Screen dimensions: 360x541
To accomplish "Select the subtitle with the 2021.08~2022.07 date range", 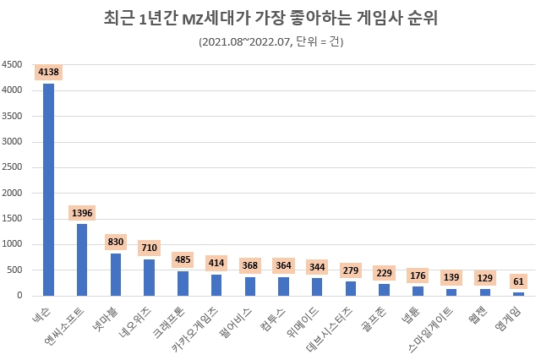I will tap(270, 41).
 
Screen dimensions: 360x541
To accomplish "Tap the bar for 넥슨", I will tap(48, 190).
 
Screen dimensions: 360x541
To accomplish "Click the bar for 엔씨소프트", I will tap(82, 259).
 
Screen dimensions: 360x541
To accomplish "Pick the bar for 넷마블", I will tap(116, 275).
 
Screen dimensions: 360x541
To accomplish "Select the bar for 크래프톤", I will tap(183, 283).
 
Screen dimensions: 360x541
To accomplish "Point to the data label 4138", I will tap(48, 73).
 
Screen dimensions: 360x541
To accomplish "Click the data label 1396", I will tap(82, 212).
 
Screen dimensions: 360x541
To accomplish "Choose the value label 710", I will tap(149, 248).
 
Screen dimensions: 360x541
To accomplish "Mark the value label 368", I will tap(250, 265).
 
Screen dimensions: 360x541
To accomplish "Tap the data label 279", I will tap(351, 270).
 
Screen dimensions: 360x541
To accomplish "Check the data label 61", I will tap(519, 281).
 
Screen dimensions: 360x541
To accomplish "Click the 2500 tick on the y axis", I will tap(12, 167).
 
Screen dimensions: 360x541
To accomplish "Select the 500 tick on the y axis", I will tap(14, 270).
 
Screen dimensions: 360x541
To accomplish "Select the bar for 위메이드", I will tap(317, 286).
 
